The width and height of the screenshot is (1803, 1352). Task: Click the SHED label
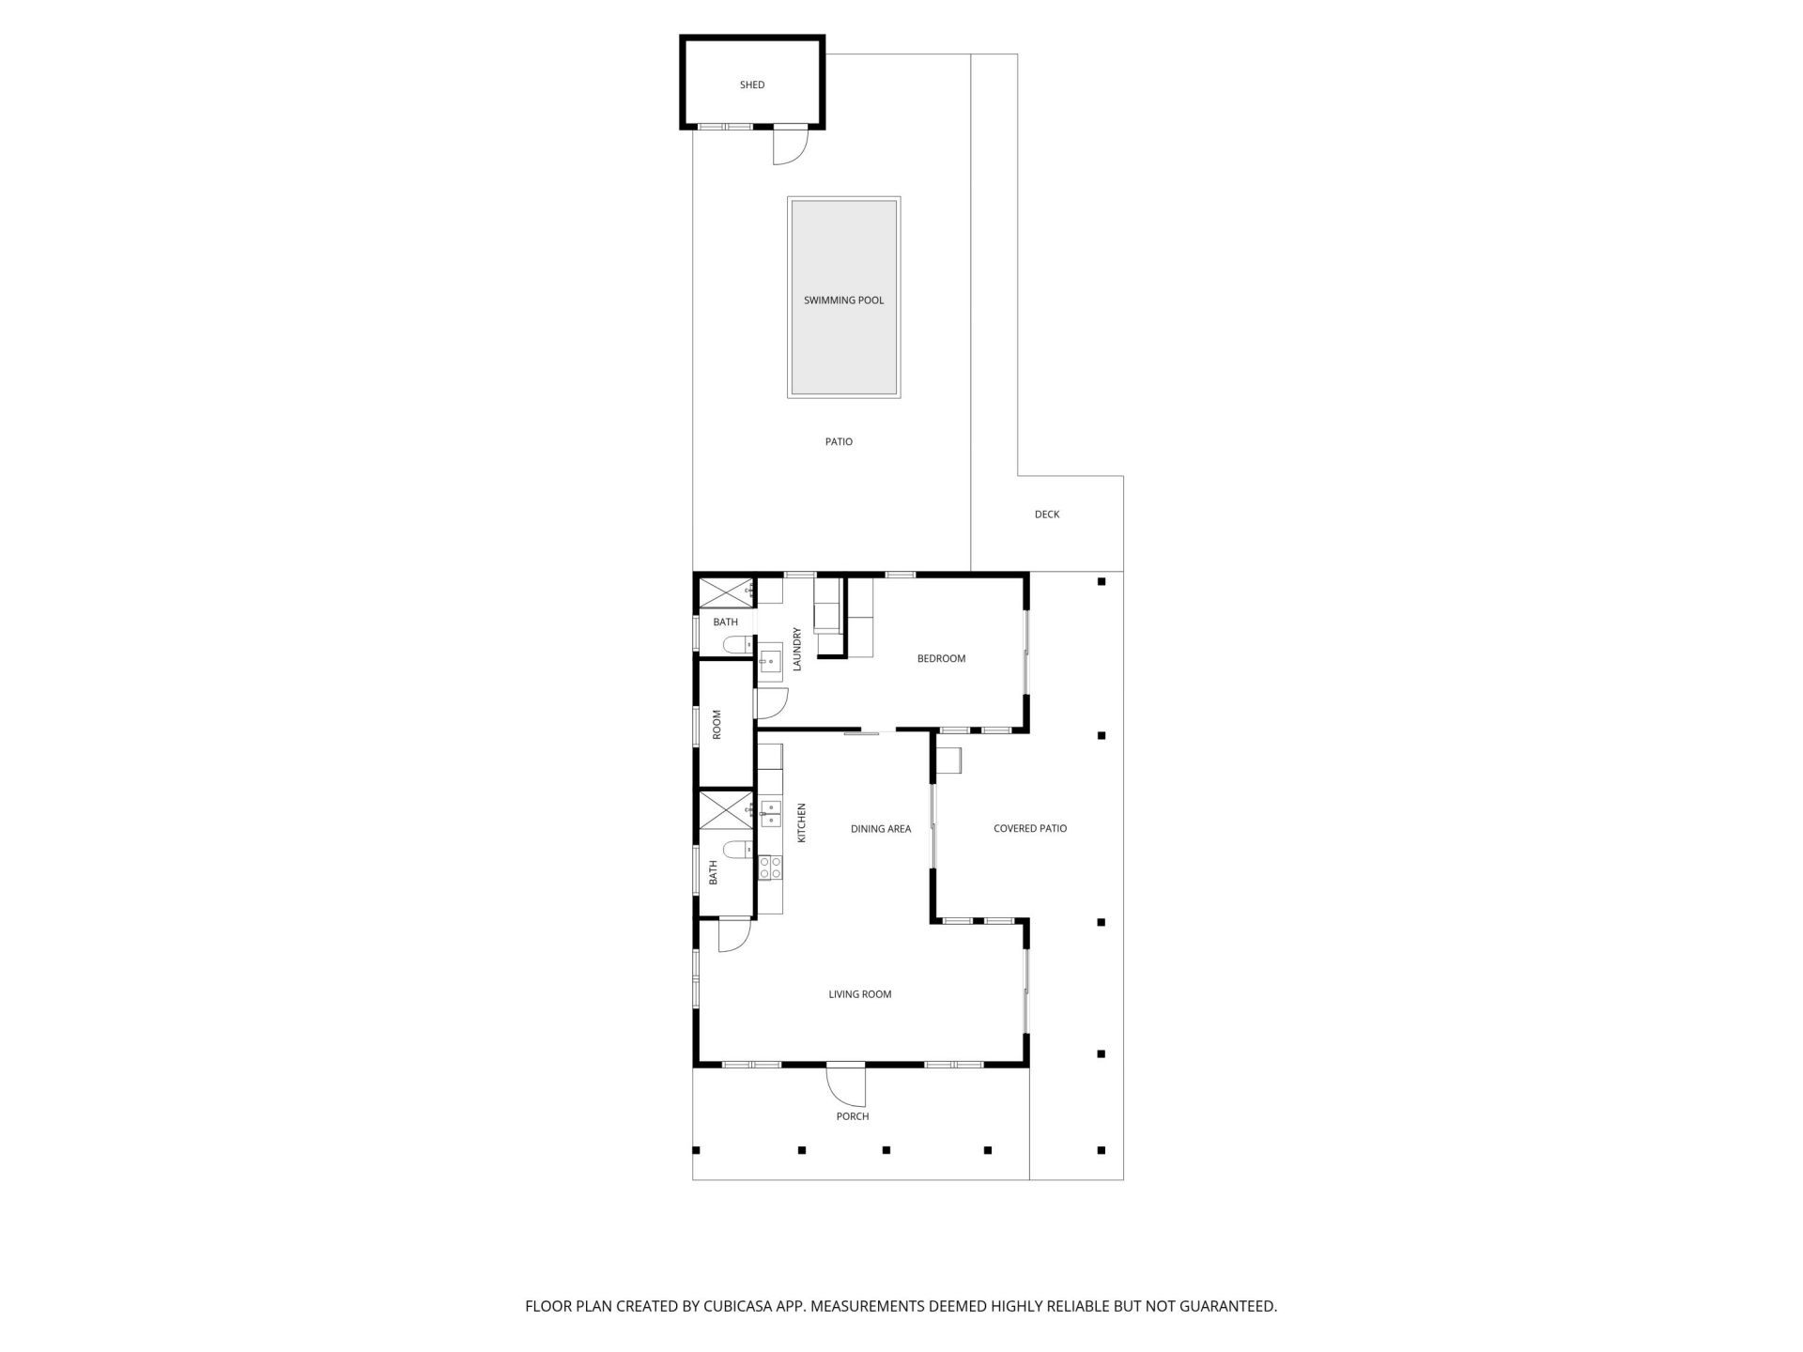[x=752, y=84]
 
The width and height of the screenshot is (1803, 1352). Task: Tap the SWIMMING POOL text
[x=843, y=300]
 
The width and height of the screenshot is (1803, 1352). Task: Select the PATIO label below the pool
[x=839, y=441]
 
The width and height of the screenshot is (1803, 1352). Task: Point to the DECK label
[x=1047, y=515]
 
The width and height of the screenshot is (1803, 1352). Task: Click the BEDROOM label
[x=941, y=659]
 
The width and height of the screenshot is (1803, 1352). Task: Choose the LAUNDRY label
[x=797, y=649]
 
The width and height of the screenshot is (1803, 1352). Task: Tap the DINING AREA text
[x=881, y=829]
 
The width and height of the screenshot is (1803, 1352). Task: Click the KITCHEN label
[x=802, y=822]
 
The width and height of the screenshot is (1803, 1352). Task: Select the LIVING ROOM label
[x=860, y=994]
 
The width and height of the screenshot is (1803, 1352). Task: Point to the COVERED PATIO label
[x=1030, y=829]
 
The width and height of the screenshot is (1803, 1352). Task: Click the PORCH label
[x=853, y=1116]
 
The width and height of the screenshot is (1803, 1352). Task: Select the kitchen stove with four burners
[x=770, y=868]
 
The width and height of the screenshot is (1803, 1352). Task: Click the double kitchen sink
[x=770, y=813]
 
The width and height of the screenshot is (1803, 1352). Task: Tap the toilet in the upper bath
[x=735, y=645]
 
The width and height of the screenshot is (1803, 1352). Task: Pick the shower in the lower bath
[x=724, y=810]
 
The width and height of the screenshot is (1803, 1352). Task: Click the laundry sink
[x=771, y=661]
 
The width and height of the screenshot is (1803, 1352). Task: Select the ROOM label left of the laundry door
[x=717, y=724]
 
